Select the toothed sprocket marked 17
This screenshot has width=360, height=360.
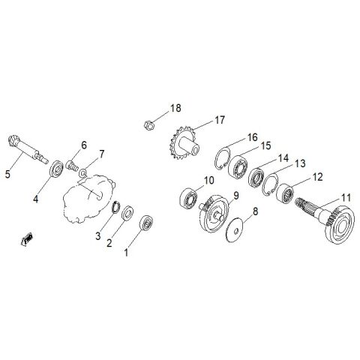182,143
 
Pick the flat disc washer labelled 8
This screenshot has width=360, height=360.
235,229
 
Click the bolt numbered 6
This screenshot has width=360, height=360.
70,165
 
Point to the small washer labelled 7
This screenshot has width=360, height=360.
82,172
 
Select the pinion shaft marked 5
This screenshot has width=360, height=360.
28,150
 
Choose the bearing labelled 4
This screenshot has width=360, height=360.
56,169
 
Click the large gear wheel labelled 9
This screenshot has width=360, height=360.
214,213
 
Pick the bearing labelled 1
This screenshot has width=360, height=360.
146,223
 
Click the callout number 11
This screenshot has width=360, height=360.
346,198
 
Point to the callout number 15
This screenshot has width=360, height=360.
266,145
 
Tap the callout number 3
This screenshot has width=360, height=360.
98,235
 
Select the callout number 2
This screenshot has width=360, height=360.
109,243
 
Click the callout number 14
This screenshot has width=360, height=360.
283,158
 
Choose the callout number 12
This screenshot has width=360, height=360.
318,177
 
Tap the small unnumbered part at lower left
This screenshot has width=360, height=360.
26,239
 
